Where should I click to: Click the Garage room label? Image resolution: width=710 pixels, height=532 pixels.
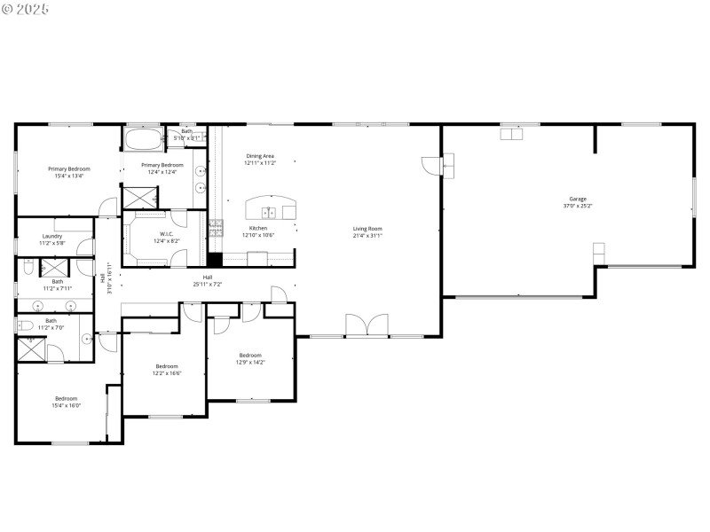[x=577, y=199]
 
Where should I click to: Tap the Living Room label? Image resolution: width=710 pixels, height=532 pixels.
[x=367, y=229]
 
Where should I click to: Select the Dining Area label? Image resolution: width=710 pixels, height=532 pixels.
[x=260, y=156]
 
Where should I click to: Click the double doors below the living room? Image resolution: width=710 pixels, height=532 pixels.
[x=366, y=325]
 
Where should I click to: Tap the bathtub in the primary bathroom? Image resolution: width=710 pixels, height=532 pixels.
[x=144, y=139]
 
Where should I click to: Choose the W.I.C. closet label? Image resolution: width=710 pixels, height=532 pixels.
[x=167, y=234]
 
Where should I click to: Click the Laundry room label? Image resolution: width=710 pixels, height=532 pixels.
[x=52, y=236]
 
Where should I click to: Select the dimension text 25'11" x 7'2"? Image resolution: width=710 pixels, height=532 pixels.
[x=207, y=285]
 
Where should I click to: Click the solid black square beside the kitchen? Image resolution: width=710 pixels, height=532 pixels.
[x=214, y=260]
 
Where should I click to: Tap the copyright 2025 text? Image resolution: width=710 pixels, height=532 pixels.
[x=26, y=8]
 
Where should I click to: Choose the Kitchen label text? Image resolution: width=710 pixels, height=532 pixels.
[x=259, y=228]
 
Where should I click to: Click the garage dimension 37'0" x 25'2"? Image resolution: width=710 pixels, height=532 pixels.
[x=577, y=206]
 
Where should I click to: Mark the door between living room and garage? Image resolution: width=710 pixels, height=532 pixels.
[x=432, y=165]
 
